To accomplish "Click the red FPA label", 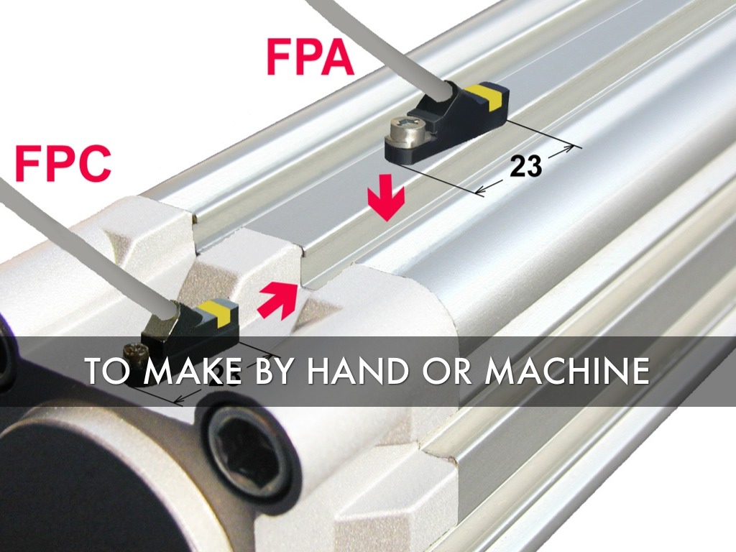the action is [x=310, y=57].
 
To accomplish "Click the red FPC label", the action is [x=63, y=163].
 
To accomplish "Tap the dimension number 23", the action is [x=525, y=166].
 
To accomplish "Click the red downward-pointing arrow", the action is [x=386, y=197].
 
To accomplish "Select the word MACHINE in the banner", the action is [x=568, y=370].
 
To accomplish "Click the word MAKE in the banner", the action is [x=193, y=370].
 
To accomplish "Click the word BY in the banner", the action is [x=274, y=370].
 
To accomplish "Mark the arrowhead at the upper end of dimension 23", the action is [x=568, y=149].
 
